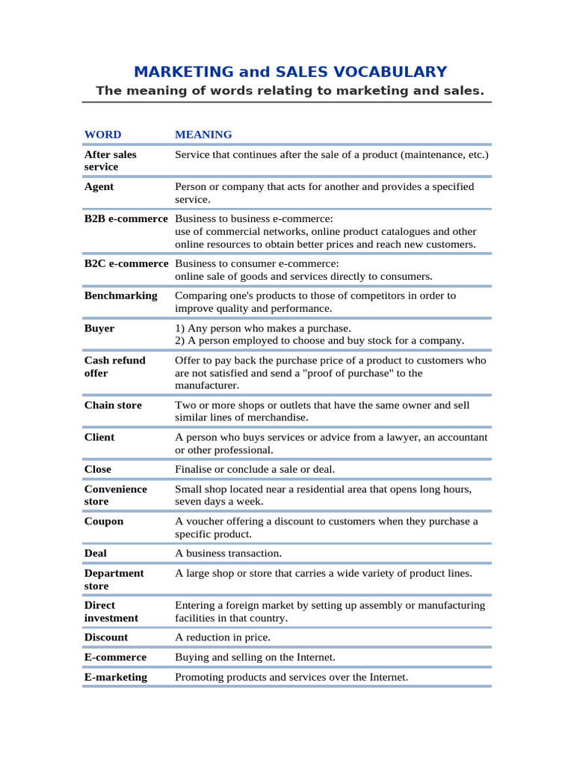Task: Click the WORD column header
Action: coord(102,135)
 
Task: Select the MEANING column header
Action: coord(203,135)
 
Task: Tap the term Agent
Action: coord(99,186)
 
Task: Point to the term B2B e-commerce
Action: coord(126,218)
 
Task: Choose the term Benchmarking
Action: coord(120,295)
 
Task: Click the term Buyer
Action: coord(99,328)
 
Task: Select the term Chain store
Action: coord(112,405)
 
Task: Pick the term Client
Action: coord(99,437)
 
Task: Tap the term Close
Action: coord(98,469)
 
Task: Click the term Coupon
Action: coord(104,521)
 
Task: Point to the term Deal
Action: coord(96,553)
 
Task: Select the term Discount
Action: coord(106,637)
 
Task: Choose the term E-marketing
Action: coord(116,677)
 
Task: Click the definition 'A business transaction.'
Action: coord(228,553)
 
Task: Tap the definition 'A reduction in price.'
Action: coord(223,637)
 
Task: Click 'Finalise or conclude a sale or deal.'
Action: coord(255,469)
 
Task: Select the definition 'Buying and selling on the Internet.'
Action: coord(255,657)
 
